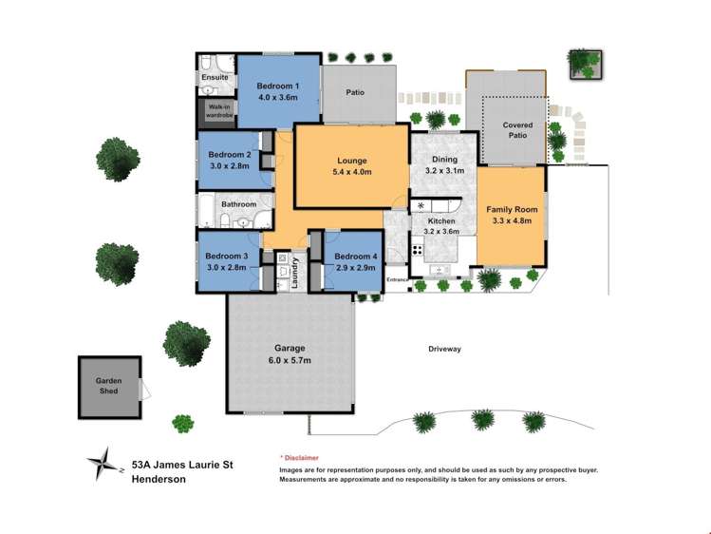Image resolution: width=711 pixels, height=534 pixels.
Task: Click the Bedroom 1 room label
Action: pyautogui.click(x=277, y=86)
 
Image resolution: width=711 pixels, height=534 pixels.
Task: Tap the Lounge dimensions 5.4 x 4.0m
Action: pyautogui.click(x=351, y=172)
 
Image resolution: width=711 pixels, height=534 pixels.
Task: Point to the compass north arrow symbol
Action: pyautogui.click(x=101, y=462)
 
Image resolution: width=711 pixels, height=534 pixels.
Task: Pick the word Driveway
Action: pyautogui.click(x=443, y=349)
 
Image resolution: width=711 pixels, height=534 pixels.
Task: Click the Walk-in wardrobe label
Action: pyautogui.click(x=215, y=112)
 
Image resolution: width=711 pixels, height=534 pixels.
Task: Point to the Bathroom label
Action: pyautogui.click(x=238, y=204)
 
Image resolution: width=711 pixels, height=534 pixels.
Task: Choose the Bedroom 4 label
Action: pyautogui.click(x=355, y=257)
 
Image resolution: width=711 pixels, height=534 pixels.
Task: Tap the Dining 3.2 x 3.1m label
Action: pyautogui.click(x=444, y=165)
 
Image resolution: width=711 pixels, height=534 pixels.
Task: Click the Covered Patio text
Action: pyautogui.click(x=517, y=130)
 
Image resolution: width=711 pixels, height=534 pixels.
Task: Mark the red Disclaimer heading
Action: pyautogui.click(x=300, y=458)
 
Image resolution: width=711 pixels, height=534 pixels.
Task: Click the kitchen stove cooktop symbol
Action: pyautogui.click(x=417, y=251)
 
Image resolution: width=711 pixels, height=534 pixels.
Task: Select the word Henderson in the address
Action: pyautogui.click(x=159, y=480)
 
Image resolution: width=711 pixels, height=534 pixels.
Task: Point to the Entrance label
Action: pyautogui.click(x=397, y=280)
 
